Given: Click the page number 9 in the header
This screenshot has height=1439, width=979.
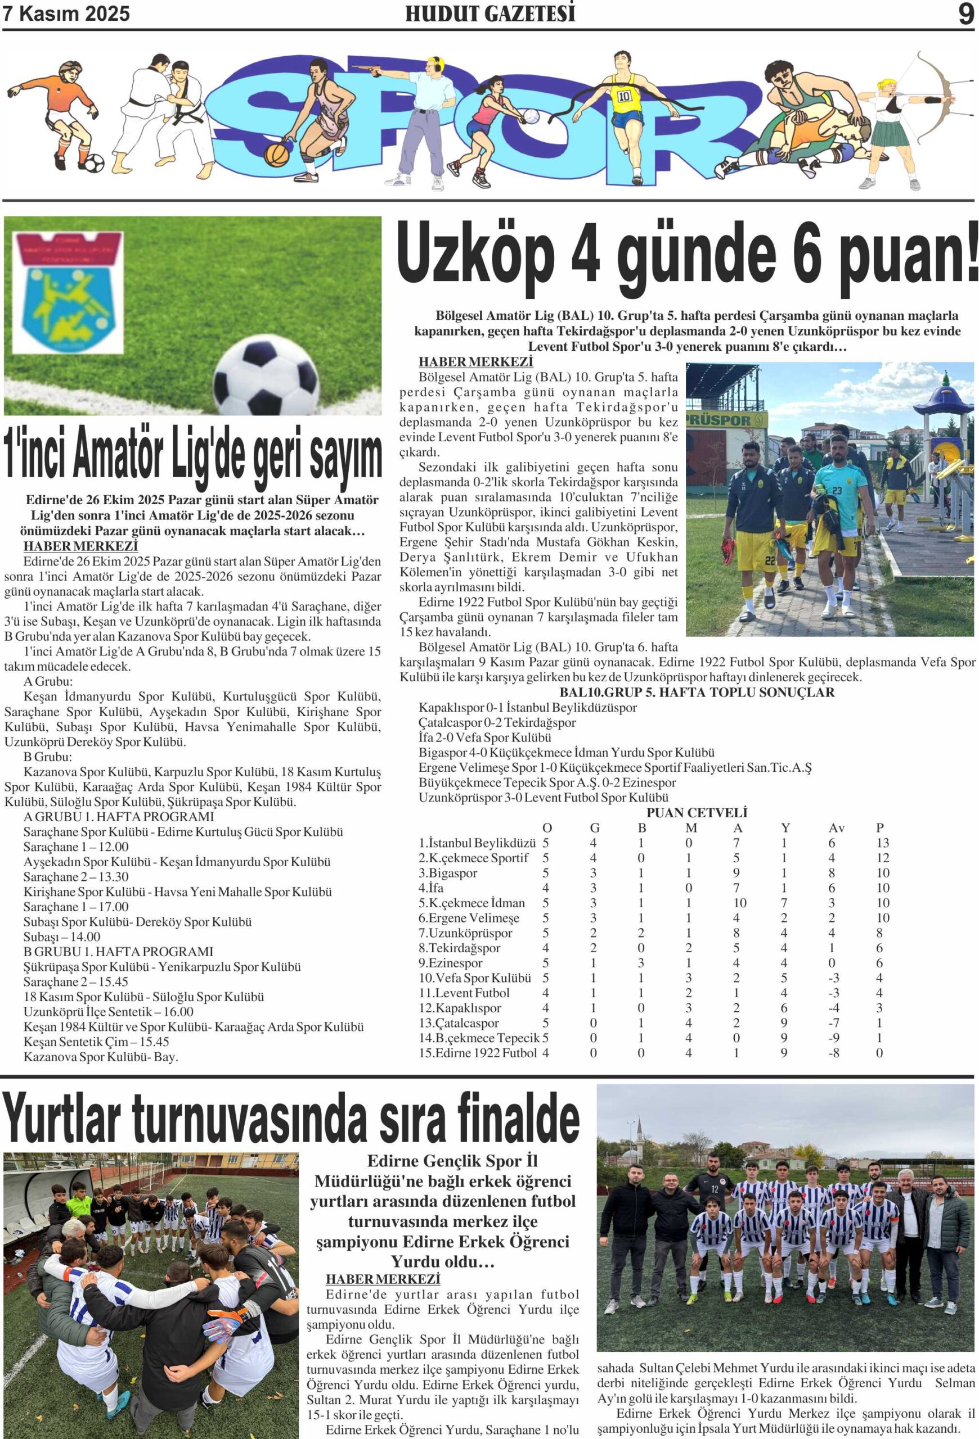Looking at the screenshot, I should [965, 13].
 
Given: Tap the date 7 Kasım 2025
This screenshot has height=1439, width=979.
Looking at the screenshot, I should [67, 13].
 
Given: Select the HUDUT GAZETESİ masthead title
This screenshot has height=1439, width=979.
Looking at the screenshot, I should [489, 13].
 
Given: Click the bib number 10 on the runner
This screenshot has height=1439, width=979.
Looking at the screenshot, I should [623, 96].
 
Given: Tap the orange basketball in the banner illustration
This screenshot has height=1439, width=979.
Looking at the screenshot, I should [276, 151].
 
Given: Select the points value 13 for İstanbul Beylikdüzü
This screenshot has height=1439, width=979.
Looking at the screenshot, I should [882, 843].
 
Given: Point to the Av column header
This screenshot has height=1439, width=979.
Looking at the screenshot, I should [836, 828].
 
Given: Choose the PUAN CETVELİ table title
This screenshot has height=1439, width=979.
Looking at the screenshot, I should [697, 812].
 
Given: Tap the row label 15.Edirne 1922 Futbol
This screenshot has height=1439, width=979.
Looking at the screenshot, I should [477, 1053].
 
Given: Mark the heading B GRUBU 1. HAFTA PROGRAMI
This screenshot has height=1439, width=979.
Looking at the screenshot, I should [118, 951].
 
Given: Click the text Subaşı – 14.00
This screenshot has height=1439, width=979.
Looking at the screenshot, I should [62, 936].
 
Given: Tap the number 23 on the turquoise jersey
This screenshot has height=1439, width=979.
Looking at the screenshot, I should [837, 491].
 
